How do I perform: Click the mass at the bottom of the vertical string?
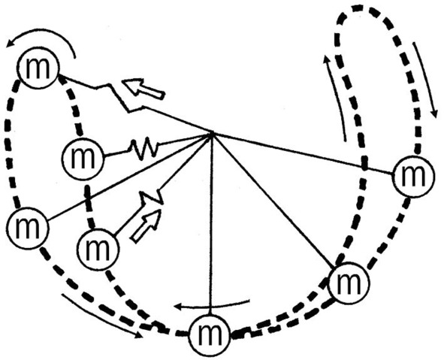(x=210, y=334)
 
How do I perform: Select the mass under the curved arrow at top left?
(x=38, y=68)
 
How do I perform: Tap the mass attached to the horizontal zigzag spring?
(x=83, y=158)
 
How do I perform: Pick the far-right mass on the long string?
(x=413, y=177)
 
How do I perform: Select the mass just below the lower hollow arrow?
(x=98, y=249)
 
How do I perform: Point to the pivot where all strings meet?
(x=211, y=134)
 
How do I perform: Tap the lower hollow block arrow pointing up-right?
(x=146, y=225)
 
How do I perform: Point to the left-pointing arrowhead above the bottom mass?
(x=177, y=307)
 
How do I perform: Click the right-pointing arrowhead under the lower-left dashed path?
(x=140, y=336)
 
